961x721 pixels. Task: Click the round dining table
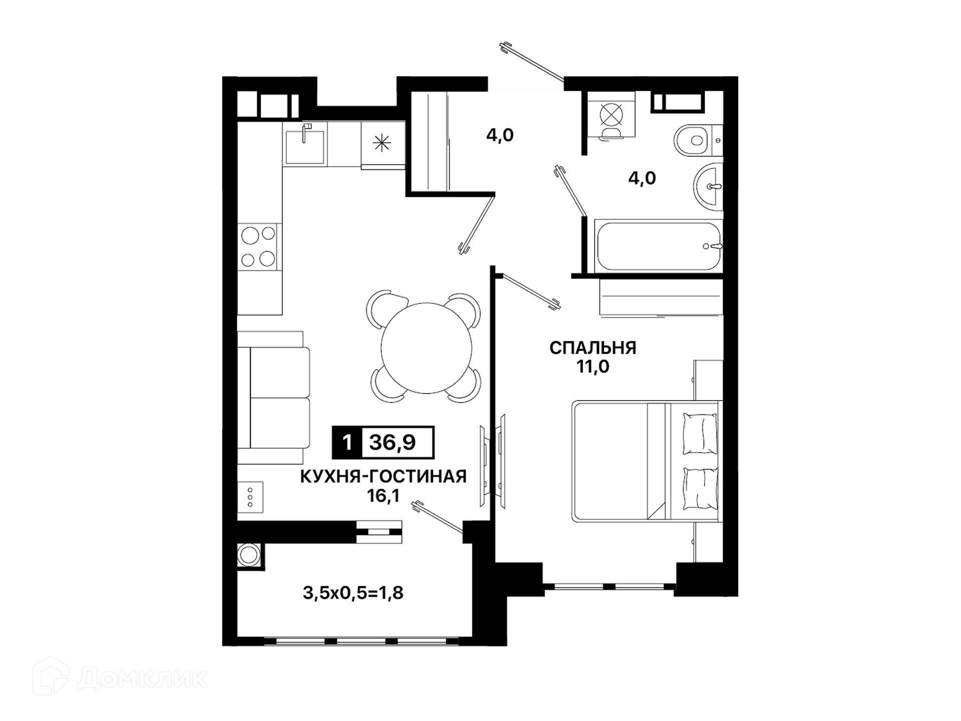tap(426, 348)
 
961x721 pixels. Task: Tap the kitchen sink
tap(305, 145)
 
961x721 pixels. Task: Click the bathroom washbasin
tap(708, 187)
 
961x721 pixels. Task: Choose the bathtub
tap(659, 246)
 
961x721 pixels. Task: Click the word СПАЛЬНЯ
tap(593, 347)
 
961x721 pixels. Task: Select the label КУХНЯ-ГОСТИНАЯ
tap(383, 476)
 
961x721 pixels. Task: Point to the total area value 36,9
tap(392, 443)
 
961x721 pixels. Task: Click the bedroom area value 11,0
tap(593, 367)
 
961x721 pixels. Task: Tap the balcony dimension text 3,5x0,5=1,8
tap(353, 593)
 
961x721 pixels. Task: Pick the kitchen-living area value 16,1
tap(383, 496)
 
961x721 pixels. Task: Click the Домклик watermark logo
tap(120, 678)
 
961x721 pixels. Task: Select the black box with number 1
tap(347, 443)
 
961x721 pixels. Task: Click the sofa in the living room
tap(273, 397)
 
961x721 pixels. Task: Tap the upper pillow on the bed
tap(700, 434)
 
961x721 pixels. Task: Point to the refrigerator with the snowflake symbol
tap(383, 144)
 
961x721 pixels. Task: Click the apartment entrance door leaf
tap(533, 63)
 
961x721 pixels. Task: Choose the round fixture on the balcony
tap(249, 555)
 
